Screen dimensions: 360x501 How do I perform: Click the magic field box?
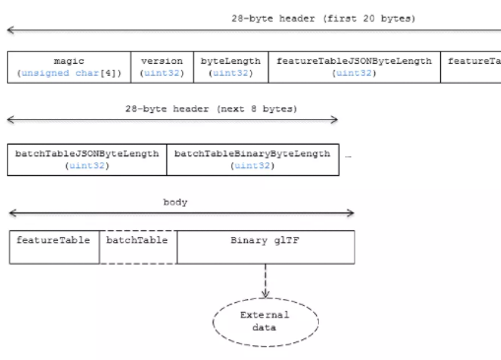pyautogui.click(x=68, y=66)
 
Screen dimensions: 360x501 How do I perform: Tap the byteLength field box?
pyautogui.click(x=229, y=66)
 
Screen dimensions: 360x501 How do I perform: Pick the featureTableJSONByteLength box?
pyautogui.click(x=353, y=66)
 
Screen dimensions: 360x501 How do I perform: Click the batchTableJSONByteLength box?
pyautogui.click(x=89, y=159)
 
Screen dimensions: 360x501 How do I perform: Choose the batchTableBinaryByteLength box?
pyautogui.click(x=252, y=159)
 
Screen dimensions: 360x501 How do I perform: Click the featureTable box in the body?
pyautogui.click(x=53, y=248)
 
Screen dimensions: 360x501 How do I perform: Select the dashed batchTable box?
pyautogui.click(x=137, y=248)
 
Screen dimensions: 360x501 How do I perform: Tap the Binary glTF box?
pyautogui.click(x=266, y=248)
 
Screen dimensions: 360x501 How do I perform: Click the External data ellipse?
pyautogui.click(x=265, y=321)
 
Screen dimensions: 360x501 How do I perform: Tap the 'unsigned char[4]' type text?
pyautogui.click(x=68, y=73)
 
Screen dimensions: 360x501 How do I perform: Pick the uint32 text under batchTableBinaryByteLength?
pyautogui.click(x=252, y=166)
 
